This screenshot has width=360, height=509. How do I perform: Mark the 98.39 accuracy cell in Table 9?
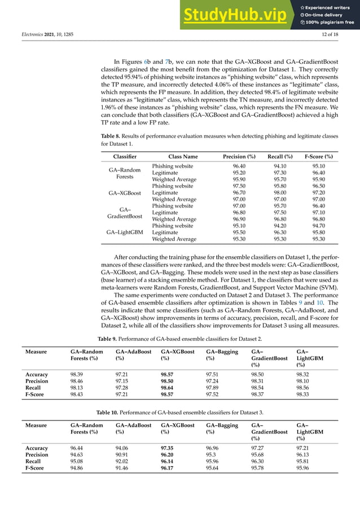(x=78, y=374)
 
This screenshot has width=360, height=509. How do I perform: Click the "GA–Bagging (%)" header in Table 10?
(x=222, y=425)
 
